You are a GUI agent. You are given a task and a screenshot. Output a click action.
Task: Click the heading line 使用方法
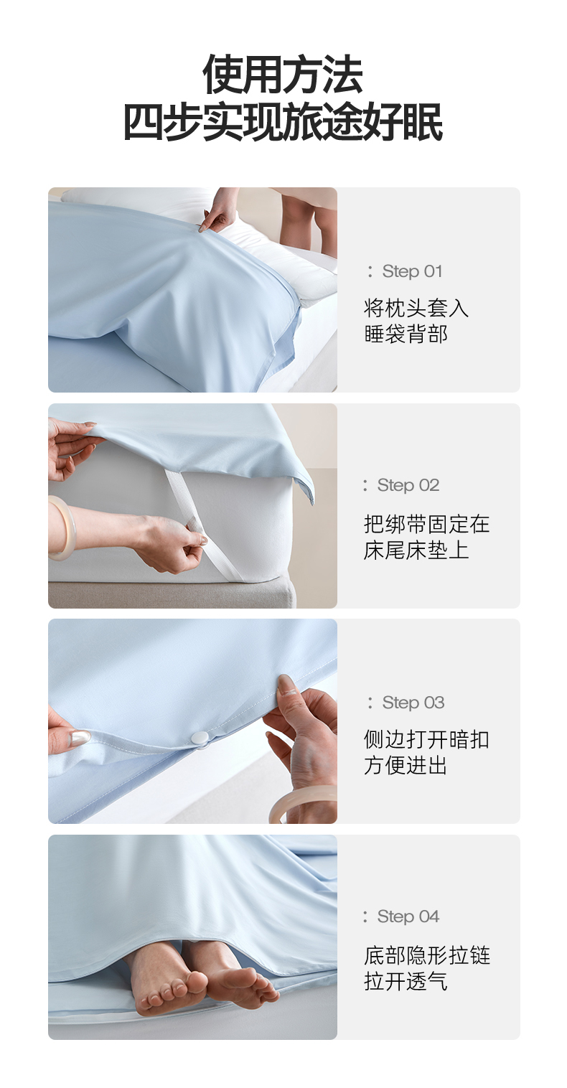click(x=283, y=75)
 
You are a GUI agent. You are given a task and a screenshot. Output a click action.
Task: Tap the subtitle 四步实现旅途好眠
click(x=283, y=121)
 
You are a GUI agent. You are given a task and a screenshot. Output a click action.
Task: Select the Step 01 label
click(x=412, y=271)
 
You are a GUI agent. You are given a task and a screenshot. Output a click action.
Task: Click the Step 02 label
click(x=408, y=484)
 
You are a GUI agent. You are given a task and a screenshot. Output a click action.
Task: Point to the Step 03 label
click(x=413, y=703)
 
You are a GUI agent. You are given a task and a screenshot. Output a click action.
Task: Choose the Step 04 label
click(x=408, y=916)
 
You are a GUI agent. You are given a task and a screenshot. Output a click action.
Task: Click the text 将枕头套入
click(x=416, y=308)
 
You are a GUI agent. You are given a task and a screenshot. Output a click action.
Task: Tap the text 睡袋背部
click(x=406, y=334)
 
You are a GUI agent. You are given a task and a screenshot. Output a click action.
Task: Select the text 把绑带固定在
click(x=426, y=524)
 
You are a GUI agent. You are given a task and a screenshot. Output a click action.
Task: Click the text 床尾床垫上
click(x=416, y=550)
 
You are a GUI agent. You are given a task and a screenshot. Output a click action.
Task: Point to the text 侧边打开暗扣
click(x=426, y=740)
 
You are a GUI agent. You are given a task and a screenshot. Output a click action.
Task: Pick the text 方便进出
click(x=406, y=766)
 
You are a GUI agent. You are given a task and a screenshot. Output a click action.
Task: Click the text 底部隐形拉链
click(x=426, y=955)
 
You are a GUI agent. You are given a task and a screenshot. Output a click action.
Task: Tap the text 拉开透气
click(x=406, y=981)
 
